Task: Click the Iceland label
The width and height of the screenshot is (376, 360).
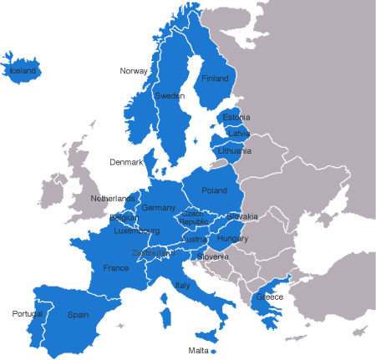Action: point(23,72)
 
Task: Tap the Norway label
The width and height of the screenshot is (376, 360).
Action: point(134,71)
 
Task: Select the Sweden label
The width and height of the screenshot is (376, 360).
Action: point(170,96)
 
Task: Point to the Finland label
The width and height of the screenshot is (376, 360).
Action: point(215,79)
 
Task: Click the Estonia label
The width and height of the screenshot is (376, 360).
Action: point(236,118)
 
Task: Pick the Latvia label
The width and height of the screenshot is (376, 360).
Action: point(238,134)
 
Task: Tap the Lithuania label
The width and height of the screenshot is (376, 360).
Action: point(234,151)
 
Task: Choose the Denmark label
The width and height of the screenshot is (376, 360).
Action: point(126,161)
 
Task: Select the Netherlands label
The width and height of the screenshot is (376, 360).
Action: point(113,199)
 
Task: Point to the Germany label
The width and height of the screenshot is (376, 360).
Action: point(159,208)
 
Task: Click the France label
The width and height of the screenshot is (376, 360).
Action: point(115,268)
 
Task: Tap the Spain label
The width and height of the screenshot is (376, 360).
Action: point(78,315)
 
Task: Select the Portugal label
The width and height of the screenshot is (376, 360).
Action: point(27,314)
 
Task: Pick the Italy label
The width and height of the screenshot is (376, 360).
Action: point(182,286)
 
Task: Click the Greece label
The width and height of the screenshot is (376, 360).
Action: point(269,297)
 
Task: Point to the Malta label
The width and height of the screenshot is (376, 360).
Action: point(198,350)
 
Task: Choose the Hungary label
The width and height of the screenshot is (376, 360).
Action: point(232,239)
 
